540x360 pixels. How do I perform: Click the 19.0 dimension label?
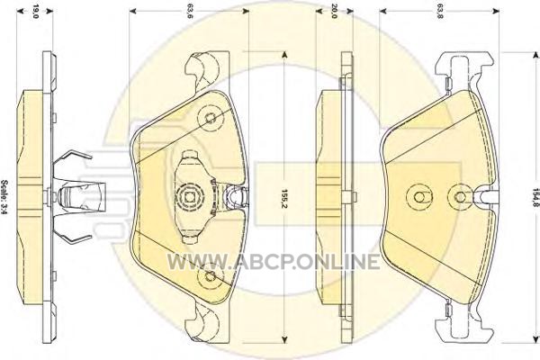pos(35,12)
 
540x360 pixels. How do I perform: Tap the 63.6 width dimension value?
pos(189,12)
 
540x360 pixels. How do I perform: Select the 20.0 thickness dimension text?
pos(333,12)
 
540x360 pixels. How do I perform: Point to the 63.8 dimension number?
pos(439,12)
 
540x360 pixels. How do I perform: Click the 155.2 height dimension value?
pos(284,199)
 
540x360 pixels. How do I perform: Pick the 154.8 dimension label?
pos(535,197)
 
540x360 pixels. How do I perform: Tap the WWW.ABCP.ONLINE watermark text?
pos(274,262)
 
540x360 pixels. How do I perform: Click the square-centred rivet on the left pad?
pos(189,197)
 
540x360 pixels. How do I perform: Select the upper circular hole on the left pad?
pos(210,118)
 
